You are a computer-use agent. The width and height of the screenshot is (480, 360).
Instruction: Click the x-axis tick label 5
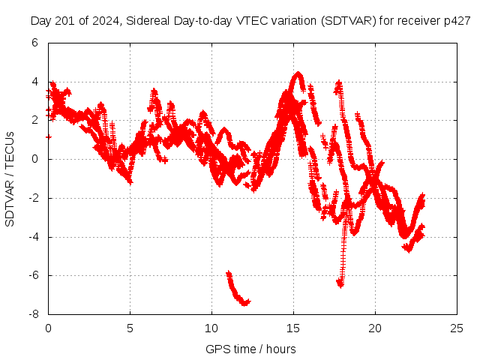tap(130, 328)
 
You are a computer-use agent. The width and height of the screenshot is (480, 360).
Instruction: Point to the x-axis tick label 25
tap(457, 328)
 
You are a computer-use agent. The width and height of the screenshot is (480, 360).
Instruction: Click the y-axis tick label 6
tap(34, 43)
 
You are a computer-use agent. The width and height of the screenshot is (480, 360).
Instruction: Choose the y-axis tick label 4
tap(34, 82)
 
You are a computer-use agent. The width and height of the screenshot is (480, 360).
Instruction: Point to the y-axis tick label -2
tap(32, 198)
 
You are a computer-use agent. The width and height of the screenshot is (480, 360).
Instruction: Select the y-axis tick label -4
tap(32, 237)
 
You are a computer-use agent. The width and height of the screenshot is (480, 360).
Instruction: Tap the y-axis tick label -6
tap(32, 275)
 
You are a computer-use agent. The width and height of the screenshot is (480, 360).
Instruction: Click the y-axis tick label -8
tap(32, 314)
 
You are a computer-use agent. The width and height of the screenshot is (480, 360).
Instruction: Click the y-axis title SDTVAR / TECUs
tap(10, 178)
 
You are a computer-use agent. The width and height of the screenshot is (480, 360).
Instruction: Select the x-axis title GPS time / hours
tap(250, 349)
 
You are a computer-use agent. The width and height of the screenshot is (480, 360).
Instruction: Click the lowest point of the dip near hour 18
tap(340, 283)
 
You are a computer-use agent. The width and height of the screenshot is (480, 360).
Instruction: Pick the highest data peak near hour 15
tap(298, 73)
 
